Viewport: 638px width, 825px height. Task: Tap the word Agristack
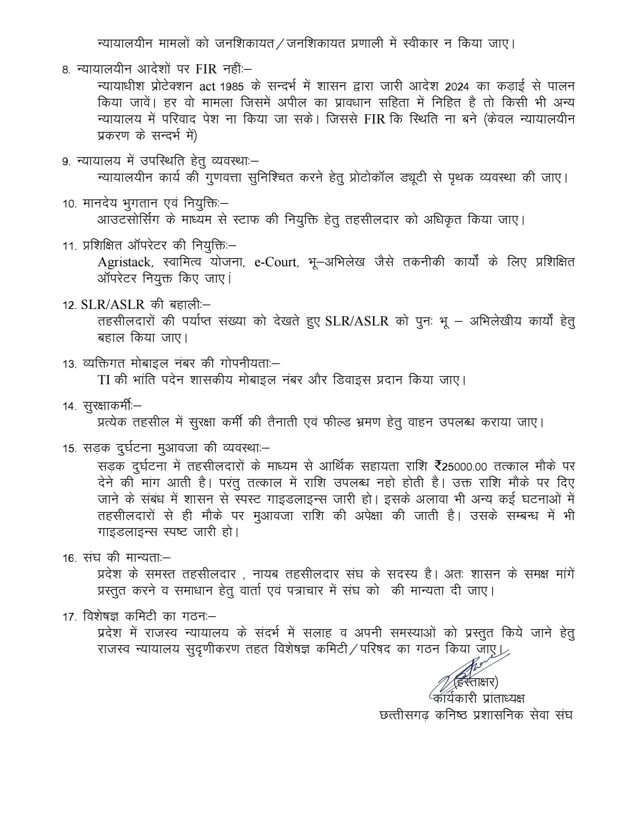[x=124, y=262]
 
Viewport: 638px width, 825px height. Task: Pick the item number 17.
[x=69, y=617]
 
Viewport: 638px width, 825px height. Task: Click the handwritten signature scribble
[x=464, y=671]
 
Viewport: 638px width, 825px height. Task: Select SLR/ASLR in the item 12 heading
[x=113, y=305]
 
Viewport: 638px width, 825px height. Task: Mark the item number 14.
[x=69, y=407]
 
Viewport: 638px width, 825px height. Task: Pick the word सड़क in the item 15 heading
[x=94, y=448]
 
